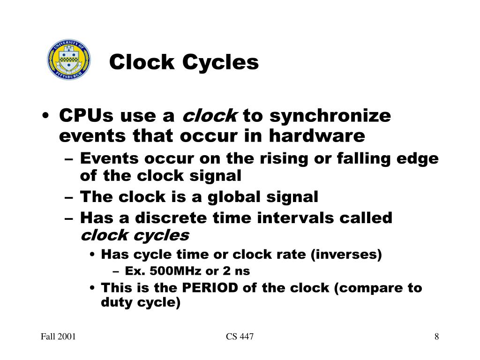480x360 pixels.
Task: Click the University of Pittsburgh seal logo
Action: (68, 60)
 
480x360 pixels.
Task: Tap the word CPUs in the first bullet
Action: (87, 115)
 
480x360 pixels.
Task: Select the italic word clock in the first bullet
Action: (210, 115)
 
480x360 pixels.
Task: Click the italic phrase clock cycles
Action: (135, 235)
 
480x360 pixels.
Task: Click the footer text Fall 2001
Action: (59, 337)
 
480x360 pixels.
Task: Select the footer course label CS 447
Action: (240, 337)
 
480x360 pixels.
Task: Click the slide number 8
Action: (436, 337)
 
